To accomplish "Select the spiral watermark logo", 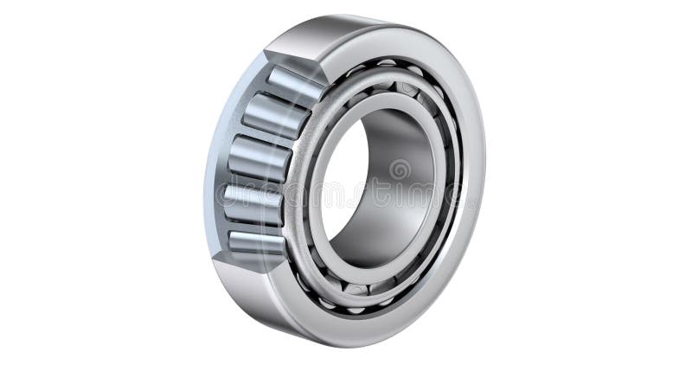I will pyautogui.click(x=400, y=170).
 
